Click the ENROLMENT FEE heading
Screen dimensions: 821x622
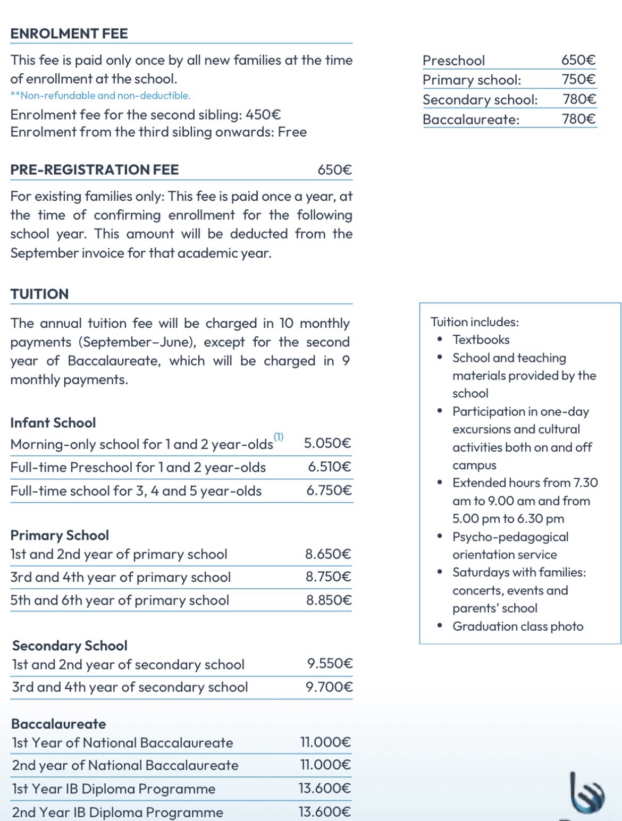tap(69, 33)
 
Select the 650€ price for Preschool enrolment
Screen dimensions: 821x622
tap(578, 60)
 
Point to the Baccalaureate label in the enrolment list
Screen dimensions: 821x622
tap(470, 119)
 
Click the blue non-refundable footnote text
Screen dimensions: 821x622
tap(100, 96)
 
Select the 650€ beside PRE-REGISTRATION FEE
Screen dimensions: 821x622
tap(334, 170)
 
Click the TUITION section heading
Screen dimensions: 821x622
tap(39, 294)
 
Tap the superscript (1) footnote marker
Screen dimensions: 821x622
tap(279, 437)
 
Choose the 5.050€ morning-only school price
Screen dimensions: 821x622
tap(327, 443)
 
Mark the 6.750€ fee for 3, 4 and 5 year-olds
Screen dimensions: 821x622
tap(329, 490)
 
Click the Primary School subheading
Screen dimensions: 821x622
tap(60, 535)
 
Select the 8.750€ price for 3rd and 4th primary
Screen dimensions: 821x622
tap(328, 577)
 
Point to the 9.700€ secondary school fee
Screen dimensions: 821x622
tap(329, 687)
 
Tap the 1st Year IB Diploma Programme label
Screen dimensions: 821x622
tap(114, 789)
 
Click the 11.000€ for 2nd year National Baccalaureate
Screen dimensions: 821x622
tap(325, 765)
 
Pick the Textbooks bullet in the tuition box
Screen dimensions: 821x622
tap(481, 340)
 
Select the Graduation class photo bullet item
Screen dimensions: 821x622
tap(517, 627)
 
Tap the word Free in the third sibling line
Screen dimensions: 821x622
tap(292, 132)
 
